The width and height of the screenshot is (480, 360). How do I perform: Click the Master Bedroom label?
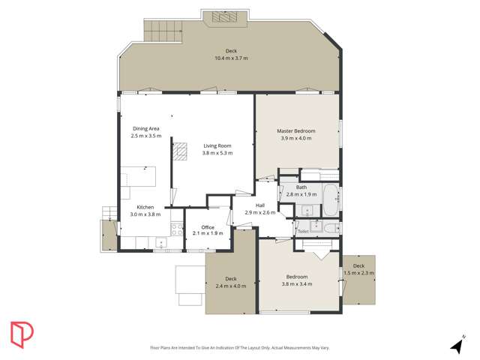[297, 131]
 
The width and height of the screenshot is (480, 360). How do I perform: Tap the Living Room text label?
[217, 145]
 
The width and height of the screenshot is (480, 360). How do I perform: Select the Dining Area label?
[146, 128]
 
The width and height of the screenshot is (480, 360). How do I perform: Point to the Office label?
[208, 227]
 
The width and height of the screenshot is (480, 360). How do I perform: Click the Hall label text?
[260, 205]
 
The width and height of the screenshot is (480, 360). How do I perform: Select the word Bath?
[301, 187]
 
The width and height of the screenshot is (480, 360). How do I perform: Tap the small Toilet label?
[303, 232]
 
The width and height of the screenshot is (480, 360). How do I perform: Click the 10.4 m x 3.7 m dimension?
[231, 58]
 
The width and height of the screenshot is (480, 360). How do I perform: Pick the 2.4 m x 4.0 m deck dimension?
[231, 286]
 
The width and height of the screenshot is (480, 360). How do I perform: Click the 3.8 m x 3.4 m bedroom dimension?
[296, 284]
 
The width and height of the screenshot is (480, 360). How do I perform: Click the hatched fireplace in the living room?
[181, 151]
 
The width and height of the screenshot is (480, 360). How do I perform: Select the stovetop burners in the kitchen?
[177, 229]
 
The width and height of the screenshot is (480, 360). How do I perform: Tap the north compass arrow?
[457, 345]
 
